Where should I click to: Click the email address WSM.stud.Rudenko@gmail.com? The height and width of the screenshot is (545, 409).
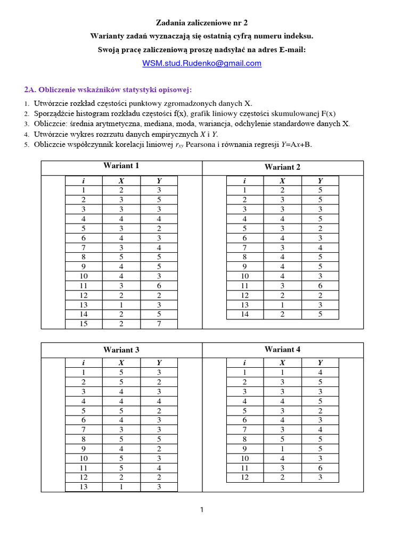(201, 63)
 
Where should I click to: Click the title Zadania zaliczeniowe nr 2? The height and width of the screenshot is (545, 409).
(201, 23)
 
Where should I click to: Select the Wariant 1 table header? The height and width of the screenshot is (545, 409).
(121, 166)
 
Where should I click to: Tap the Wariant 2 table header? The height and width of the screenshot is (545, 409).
(282, 167)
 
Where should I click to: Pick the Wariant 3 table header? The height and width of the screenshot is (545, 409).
(121, 350)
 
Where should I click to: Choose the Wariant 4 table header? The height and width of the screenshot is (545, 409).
(282, 350)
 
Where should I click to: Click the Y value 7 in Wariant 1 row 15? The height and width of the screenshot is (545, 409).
(159, 324)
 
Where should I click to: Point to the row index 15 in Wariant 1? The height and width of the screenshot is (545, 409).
(84, 324)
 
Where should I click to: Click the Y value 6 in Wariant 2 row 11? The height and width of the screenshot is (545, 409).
(320, 286)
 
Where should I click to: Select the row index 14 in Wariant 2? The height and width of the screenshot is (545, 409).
(245, 315)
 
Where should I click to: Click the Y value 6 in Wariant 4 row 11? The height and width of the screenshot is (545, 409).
(320, 468)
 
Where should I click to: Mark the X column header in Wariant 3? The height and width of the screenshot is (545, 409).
(121, 363)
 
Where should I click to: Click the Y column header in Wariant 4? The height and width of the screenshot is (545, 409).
(320, 363)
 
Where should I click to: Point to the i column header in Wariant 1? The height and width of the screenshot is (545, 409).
(84, 181)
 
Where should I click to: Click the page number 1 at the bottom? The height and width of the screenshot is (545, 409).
(202, 510)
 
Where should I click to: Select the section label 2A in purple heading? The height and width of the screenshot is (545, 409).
(29, 89)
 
